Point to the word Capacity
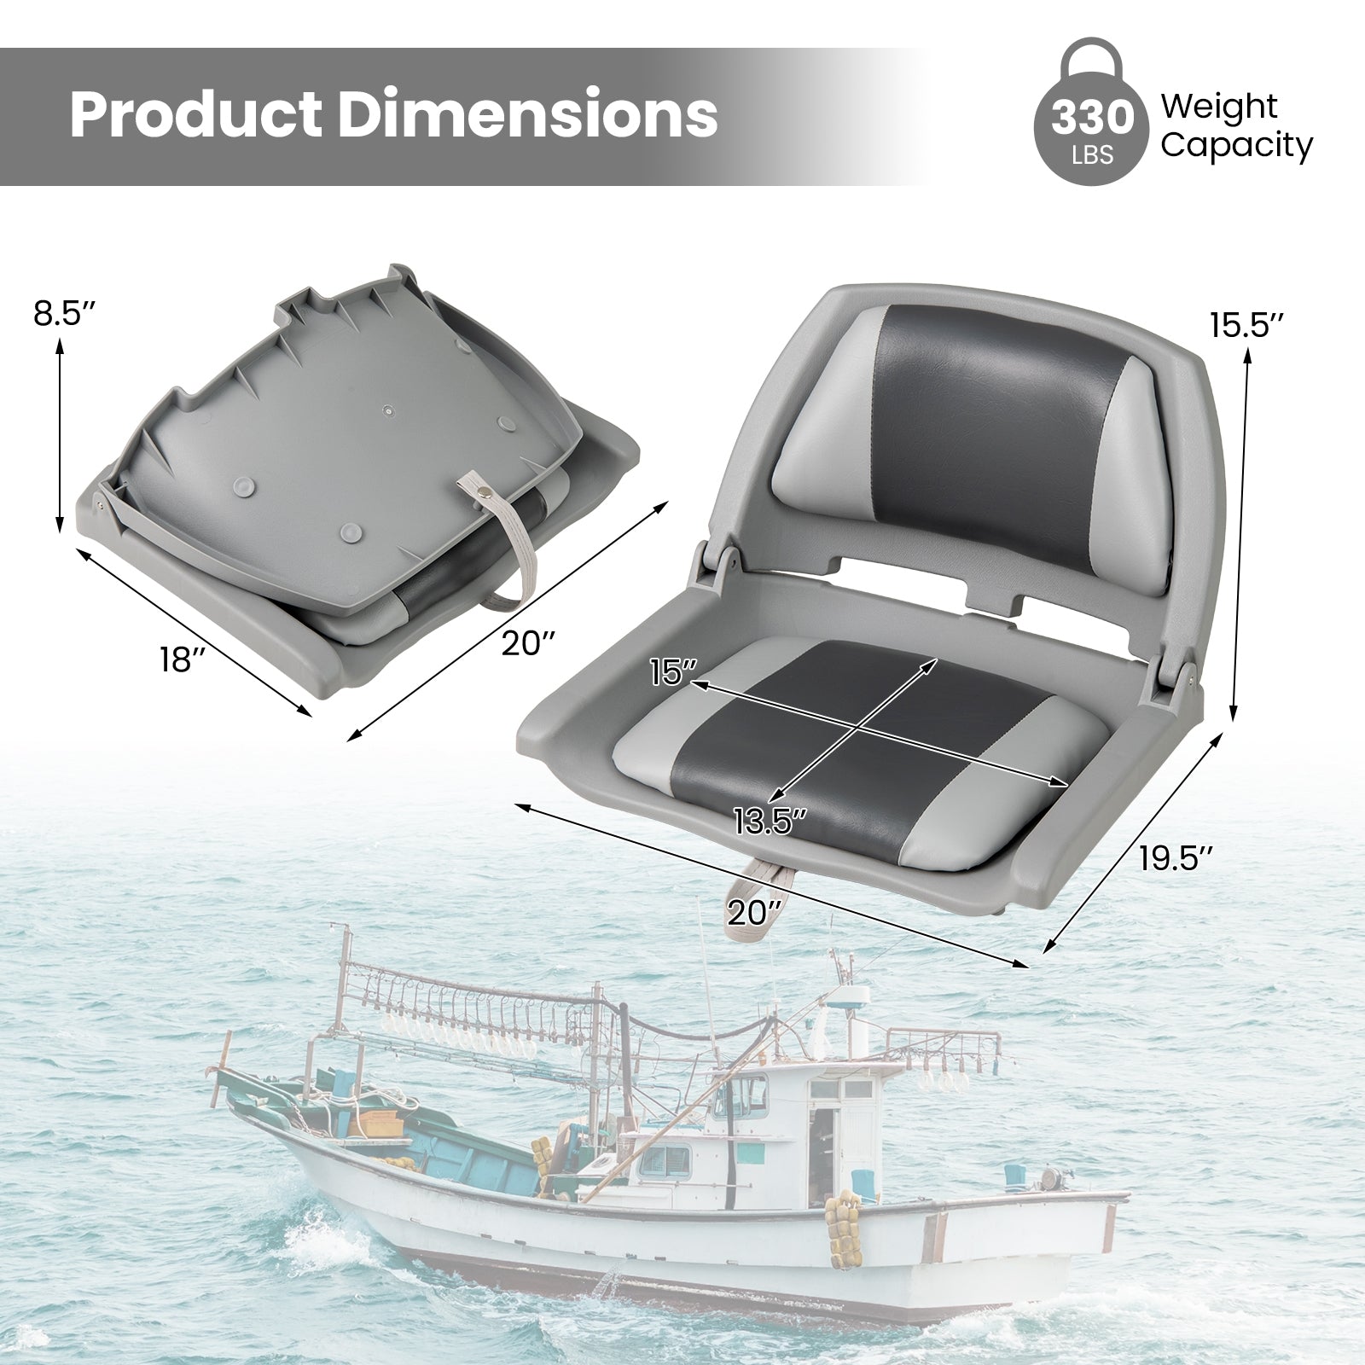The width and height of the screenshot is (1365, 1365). pos(1237,146)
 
